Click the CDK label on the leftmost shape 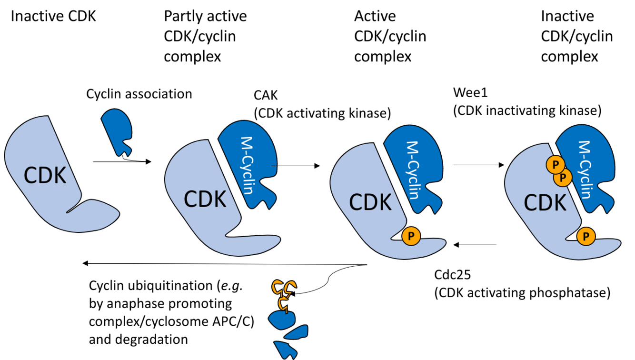(x=45, y=176)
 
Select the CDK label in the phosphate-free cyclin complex (x=205, y=199)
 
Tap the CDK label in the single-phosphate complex (x=370, y=202)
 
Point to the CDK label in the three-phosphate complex (x=545, y=203)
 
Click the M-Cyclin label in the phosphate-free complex (x=247, y=165)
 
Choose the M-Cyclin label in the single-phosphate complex (x=413, y=170)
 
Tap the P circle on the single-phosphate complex (x=411, y=236)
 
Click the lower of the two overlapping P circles (x=564, y=178)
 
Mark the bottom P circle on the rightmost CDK (x=586, y=236)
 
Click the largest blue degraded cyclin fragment (x=281, y=320)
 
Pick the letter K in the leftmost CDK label (x=59, y=176)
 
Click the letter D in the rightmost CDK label (x=545, y=203)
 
